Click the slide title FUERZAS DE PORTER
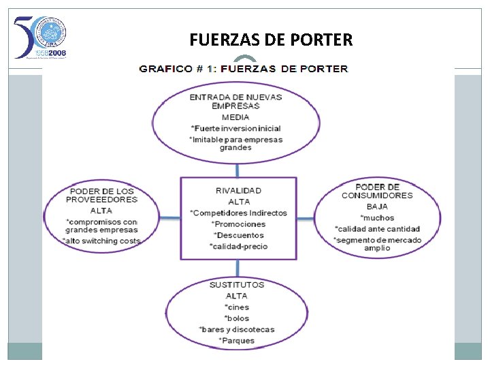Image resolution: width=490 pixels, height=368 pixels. (x=271, y=40)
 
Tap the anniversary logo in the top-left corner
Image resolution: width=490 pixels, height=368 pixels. (x=41, y=37)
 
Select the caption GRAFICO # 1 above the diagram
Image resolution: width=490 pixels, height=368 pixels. (x=243, y=68)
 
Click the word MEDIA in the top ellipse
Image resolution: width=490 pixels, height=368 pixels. (x=235, y=117)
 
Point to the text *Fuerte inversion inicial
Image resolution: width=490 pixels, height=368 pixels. (x=235, y=128)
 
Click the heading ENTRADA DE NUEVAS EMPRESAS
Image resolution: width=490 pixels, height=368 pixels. (x=235, y=102)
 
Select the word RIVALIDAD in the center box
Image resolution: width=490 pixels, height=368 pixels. (x=238, y=190)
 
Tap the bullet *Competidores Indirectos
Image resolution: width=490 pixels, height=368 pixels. (x=238, y=213)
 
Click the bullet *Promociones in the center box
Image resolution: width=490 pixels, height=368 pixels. (x=238, y=224)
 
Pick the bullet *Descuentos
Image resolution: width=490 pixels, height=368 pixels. (x=238, y=235)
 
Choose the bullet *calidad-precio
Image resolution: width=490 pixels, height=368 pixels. (x=238, y=247)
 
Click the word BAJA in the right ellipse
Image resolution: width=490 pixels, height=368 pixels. (x=377, y=206)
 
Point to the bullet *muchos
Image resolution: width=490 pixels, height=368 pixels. (x=377, y=217)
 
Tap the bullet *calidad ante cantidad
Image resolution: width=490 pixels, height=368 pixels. (x=377, y=229)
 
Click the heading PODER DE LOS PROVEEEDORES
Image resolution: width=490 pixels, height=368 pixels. (x=101, y=195)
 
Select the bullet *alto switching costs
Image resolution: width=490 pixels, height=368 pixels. (x=101, y=241)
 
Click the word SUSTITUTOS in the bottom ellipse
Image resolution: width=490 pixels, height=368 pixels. (x=237, y=284)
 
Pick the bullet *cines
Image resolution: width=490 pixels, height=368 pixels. (x=237, y=307)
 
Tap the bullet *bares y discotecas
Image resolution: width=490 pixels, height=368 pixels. (x=237, y=330)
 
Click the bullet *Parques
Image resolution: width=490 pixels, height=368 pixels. (x=237, y=341)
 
